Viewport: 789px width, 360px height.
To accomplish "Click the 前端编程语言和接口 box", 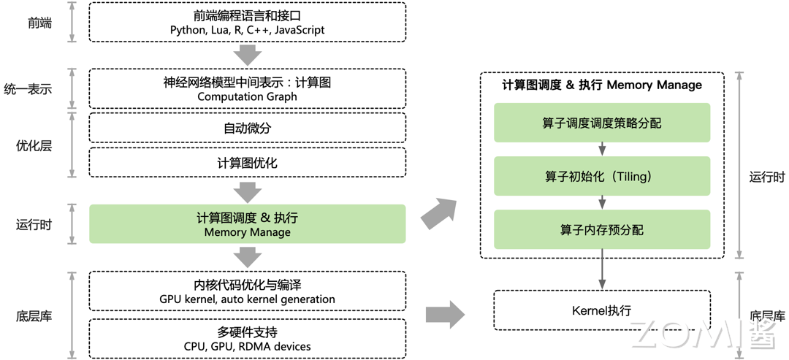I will tap(247, 22).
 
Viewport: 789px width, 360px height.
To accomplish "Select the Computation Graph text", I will tap(247, 96).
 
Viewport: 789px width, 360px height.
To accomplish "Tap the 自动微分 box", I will tap(247, 128).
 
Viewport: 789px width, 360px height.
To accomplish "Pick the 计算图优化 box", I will tap(247, 163).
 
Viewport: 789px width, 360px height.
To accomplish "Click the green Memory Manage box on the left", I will tap(247, 224).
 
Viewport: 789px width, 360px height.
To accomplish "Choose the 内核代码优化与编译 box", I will tap(247, 291).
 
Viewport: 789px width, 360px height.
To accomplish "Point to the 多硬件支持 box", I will tap(247, 338).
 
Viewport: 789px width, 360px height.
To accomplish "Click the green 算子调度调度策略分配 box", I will tap(601, 123).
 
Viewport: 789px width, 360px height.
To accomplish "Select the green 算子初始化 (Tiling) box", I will tap(601, 176).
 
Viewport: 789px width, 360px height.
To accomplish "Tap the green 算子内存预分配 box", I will tap(601, 229).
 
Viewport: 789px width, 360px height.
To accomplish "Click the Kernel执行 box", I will tap(601, 310).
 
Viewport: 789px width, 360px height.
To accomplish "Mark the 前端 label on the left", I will tap(39, 23).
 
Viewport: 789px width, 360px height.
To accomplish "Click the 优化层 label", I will tap(34, 145).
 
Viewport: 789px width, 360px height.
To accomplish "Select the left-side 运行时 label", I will tap(34, 224).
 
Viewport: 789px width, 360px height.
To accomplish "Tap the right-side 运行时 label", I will tap(767, 177).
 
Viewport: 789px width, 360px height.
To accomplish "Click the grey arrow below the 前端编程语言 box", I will tap(248, 55).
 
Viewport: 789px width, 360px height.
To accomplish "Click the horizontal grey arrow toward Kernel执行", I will tap(445, 315).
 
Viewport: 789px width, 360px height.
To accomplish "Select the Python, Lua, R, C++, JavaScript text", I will tap(247, 31).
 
